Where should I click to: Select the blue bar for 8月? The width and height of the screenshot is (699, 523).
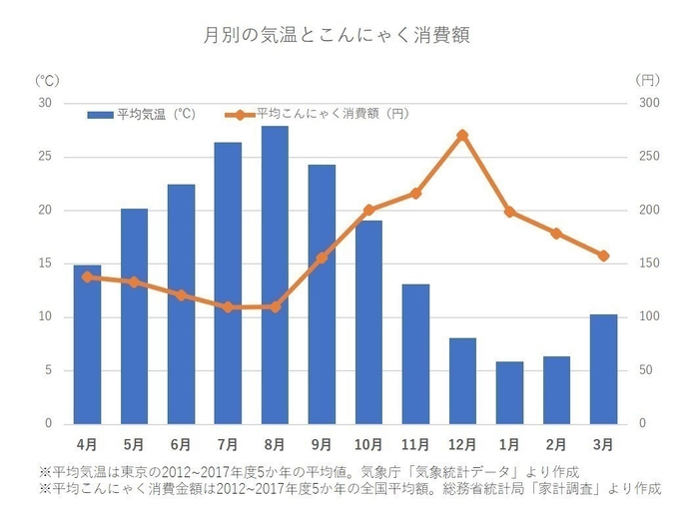pos(275,274)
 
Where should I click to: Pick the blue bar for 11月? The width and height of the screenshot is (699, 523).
pos(415,353)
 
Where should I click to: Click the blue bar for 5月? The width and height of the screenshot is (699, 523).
pos(134,315)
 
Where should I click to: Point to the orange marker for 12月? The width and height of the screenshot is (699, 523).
pos(462,135)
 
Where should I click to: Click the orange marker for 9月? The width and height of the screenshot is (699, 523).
pos(322,258)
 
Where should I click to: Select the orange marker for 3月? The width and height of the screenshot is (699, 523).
pos(603,256)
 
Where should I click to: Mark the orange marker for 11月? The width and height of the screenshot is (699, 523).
pos(415,193)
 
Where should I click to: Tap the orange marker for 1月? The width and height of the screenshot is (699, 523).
pos(509,212)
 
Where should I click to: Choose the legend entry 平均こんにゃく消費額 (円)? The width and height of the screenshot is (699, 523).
pos(320,114)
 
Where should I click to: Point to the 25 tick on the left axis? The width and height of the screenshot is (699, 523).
pos(44,157)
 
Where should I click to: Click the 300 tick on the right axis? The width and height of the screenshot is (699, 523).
pos(649,103)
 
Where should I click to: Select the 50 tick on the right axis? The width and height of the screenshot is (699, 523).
pos(646,370)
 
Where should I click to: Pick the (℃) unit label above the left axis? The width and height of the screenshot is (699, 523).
pos(46,79)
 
